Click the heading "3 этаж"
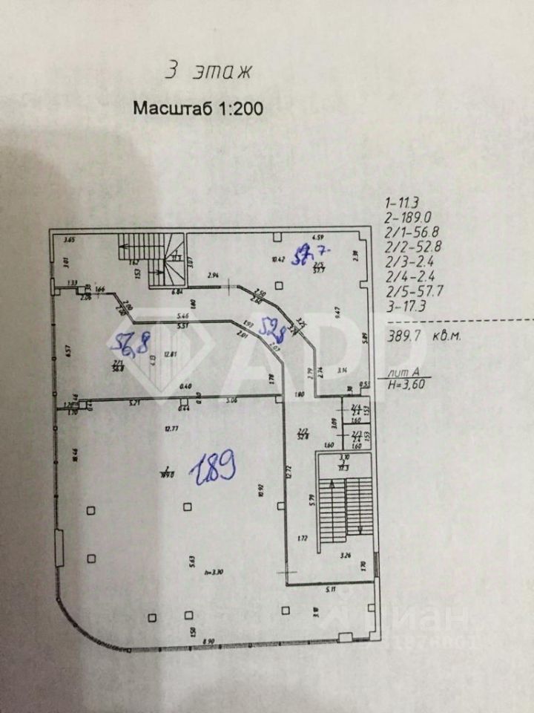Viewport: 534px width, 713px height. click(208, 72)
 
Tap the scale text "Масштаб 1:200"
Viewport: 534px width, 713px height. click(198, 108)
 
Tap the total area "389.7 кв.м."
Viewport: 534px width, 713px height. click(425, 336)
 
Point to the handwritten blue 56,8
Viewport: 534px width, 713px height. click(131, 344)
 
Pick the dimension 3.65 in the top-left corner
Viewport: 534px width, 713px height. click(70, 240)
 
